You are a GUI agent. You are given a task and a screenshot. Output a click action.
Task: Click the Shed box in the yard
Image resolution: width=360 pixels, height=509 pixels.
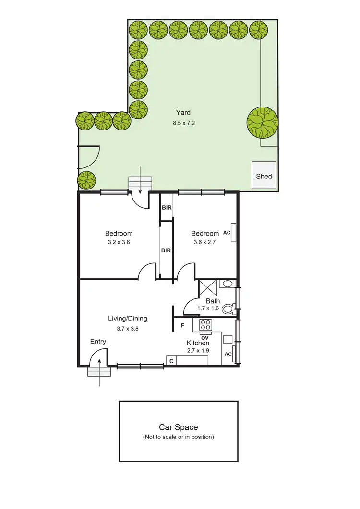(264, 176)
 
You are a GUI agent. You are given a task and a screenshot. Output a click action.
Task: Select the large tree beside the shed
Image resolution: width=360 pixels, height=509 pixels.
(262, 123)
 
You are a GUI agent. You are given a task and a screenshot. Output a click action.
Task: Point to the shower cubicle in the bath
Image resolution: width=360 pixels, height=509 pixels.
(209, 289)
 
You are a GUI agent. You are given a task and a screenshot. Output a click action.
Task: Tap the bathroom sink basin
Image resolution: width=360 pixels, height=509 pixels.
(228, 284)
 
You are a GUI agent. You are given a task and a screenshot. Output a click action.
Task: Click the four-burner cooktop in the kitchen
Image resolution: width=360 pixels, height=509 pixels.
(206, 325)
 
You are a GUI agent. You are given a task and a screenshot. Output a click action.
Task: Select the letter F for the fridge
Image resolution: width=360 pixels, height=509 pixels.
(183, 326)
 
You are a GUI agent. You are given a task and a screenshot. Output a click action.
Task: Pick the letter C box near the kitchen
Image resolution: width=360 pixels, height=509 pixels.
(170, 361)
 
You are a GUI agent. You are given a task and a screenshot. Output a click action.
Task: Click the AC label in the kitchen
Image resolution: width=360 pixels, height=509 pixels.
(228, 354)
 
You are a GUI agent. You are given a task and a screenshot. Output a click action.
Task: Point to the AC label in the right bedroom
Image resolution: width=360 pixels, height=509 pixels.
(228, 233)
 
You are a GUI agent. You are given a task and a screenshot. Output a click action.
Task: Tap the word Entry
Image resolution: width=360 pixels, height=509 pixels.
(98, 342)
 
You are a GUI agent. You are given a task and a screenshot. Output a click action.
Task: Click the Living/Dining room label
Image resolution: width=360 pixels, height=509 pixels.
(127, 319)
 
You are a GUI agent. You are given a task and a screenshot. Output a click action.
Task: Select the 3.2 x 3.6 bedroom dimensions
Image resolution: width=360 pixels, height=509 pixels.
(119, 242)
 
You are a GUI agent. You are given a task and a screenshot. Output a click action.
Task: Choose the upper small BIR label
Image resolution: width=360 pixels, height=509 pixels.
(166, 207)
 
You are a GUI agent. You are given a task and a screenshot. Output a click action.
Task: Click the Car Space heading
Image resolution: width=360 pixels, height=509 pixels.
(178, 427)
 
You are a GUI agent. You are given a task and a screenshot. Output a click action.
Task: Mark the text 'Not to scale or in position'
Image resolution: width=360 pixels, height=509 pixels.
(178, 437)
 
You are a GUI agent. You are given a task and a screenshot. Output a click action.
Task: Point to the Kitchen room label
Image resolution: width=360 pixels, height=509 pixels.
(198, 343)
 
